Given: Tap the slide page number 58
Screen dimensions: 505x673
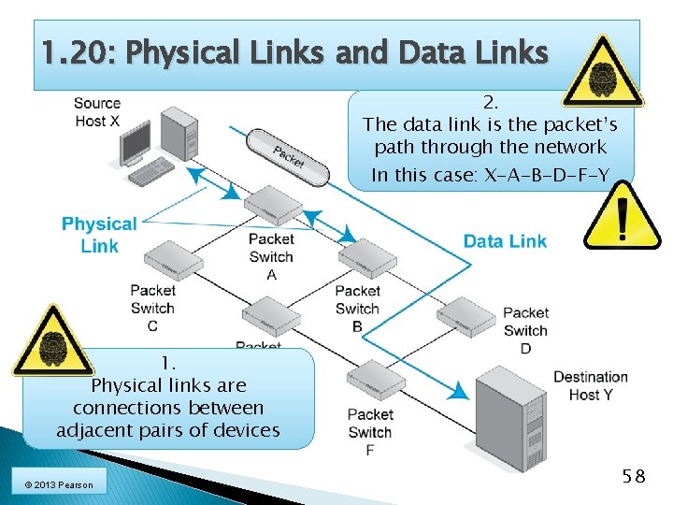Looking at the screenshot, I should click(x=634, y=476).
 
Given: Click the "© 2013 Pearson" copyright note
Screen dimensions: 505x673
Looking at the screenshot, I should click(x=53, y=483).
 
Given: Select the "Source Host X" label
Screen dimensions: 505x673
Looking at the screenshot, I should click(x=97, y=112).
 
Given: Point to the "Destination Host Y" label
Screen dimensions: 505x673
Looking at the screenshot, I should click(x=591, y=385).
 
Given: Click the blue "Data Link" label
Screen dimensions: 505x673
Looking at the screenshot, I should click(x=505, y=241).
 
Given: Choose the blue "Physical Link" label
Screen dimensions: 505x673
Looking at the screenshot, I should click(x=99, y=235).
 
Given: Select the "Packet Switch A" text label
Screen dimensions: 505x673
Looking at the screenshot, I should click(x=271, y=256).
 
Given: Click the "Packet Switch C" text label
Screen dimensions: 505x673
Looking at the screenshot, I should click(x=152, y=308).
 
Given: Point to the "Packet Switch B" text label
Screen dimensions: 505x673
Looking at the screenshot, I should click(x=357, y=309).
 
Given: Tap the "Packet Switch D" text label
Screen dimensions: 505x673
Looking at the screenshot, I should click(x=525, y=330).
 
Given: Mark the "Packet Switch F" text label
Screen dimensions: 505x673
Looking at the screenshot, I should click(x=370, y=431).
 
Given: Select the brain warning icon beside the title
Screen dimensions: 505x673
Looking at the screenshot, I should click(x=604, y=70).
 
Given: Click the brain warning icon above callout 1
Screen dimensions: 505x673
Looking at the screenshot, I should click(x=52, y=341).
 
